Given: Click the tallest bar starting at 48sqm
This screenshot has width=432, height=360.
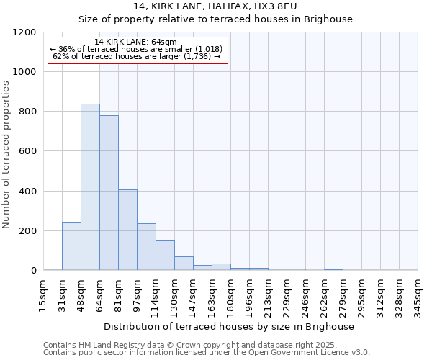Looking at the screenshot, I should coord(90,187).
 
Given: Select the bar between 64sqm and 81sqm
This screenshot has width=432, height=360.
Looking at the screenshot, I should coord(109,193).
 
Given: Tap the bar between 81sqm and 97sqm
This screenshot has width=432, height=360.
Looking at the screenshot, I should coord(127,230).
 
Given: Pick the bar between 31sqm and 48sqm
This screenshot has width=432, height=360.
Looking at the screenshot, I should coord(71,246).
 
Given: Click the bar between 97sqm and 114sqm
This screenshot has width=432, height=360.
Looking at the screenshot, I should coord(146,247).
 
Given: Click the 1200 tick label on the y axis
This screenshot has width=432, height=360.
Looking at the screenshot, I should coord(25,32).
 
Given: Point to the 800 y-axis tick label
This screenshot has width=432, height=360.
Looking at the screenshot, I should coord(28,112).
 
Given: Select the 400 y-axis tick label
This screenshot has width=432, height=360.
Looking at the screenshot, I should coord(28,192).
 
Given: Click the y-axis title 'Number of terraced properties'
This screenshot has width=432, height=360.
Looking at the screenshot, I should coord(6,155).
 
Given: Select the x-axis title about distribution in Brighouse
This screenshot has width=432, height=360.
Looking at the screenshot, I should coord(230,326).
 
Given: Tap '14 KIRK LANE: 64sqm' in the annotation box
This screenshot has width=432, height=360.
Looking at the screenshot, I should coord(136,42).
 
